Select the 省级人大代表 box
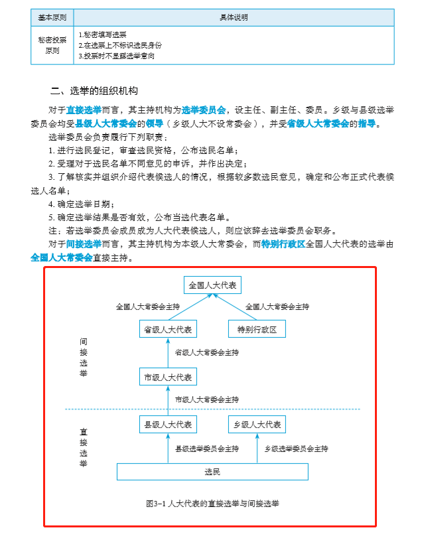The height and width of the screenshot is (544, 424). click(x=169, y=329)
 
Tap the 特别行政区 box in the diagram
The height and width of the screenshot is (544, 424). click(x=256, y=329)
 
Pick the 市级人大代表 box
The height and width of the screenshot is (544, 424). click(x=169, y=377)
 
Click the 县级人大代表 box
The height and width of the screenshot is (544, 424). click(x=169, y=425)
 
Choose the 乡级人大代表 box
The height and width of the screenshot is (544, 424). click(x=257, y=425)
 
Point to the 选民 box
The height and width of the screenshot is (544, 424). click(x=212, y=472)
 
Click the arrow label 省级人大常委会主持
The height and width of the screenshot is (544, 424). click(x=206, y=353)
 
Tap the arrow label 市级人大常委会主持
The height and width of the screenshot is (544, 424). click(x=206, y=400)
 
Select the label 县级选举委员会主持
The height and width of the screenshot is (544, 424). click(x=206, y=448)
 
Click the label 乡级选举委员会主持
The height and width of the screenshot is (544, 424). click(x=296, y=448)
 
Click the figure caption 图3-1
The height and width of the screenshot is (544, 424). click(x=212, y=504)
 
